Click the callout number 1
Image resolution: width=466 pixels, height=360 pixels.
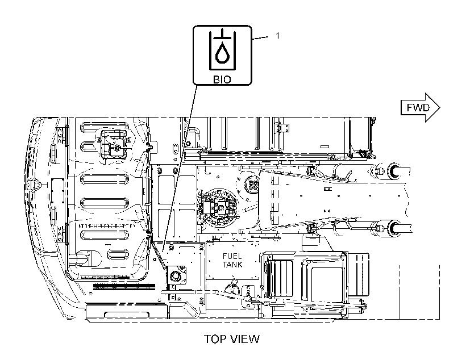(x=277, y=36)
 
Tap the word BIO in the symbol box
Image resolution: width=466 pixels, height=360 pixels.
(x=222, y=79)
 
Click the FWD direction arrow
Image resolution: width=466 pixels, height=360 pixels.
(x=420, y=107)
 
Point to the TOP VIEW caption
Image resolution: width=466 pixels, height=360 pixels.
(x=232, y=339)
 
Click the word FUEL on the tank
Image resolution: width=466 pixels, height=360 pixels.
(x=232, y=256)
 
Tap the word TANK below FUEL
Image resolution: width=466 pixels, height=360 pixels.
(x=232, y=265)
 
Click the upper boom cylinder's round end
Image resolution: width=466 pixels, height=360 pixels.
(x=394, y=171)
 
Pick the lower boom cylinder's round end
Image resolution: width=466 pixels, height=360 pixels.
(x=394, y=228)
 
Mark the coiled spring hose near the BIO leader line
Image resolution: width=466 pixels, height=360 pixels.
(x=158, y=253)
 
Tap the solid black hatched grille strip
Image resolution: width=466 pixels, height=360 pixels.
(x=124, y=286)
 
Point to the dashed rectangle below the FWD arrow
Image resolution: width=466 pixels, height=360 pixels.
(x=419, y=292)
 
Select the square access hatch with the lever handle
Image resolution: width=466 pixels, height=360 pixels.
(x=115, y=145)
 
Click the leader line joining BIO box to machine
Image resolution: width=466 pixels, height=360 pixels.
(x=180, y=167)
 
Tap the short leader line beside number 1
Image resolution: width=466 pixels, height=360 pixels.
(x=260, y=37)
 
